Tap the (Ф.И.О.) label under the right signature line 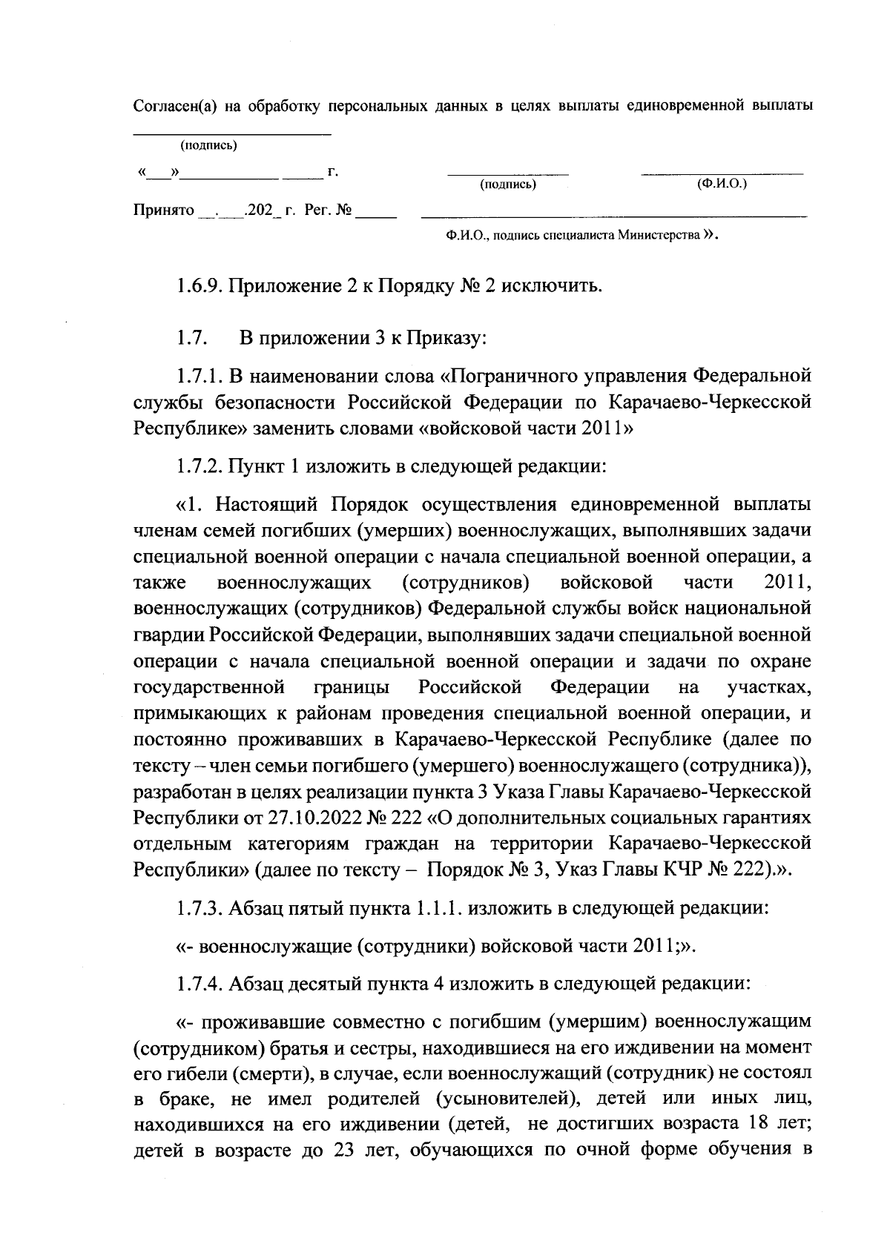point(722,182)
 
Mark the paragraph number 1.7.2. point(200,466)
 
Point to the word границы point(352,687)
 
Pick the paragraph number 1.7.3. point(200,907)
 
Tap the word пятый point(326,907)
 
